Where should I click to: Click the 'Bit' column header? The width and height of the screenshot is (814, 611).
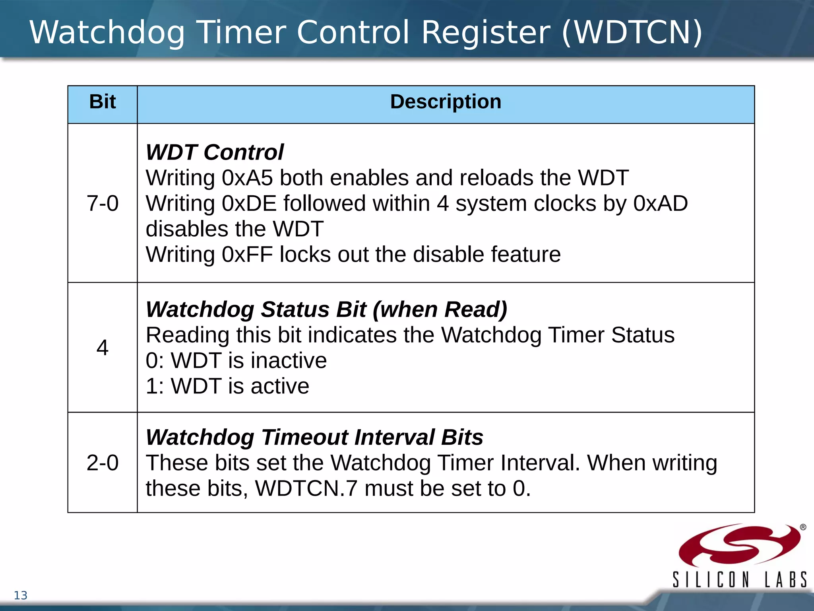point(103,102)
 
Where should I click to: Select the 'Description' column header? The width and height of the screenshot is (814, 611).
point(446,102)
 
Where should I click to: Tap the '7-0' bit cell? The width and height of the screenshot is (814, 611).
point(103,203)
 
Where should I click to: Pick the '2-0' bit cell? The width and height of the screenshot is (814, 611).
point(103,463)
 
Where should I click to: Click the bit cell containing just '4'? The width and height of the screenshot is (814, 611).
point(103,348)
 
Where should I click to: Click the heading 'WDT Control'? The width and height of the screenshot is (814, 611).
point(215,152)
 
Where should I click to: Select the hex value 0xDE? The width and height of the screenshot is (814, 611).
point(249,203)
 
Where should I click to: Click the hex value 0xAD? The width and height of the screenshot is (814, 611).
point(661,203)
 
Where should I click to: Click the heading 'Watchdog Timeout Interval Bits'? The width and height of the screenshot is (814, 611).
point(314,437)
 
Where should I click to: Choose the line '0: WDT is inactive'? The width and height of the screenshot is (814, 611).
point(236,361)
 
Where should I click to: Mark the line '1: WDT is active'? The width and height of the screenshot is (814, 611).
point(227,386)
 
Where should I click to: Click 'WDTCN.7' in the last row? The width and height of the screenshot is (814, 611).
point(306,488)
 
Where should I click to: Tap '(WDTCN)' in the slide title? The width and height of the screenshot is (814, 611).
point(632,33)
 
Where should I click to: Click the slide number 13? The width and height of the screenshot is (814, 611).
point(21,595)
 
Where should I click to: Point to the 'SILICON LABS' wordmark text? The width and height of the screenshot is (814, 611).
point(739,580)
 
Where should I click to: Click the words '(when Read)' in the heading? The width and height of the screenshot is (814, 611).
point(440,309)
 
